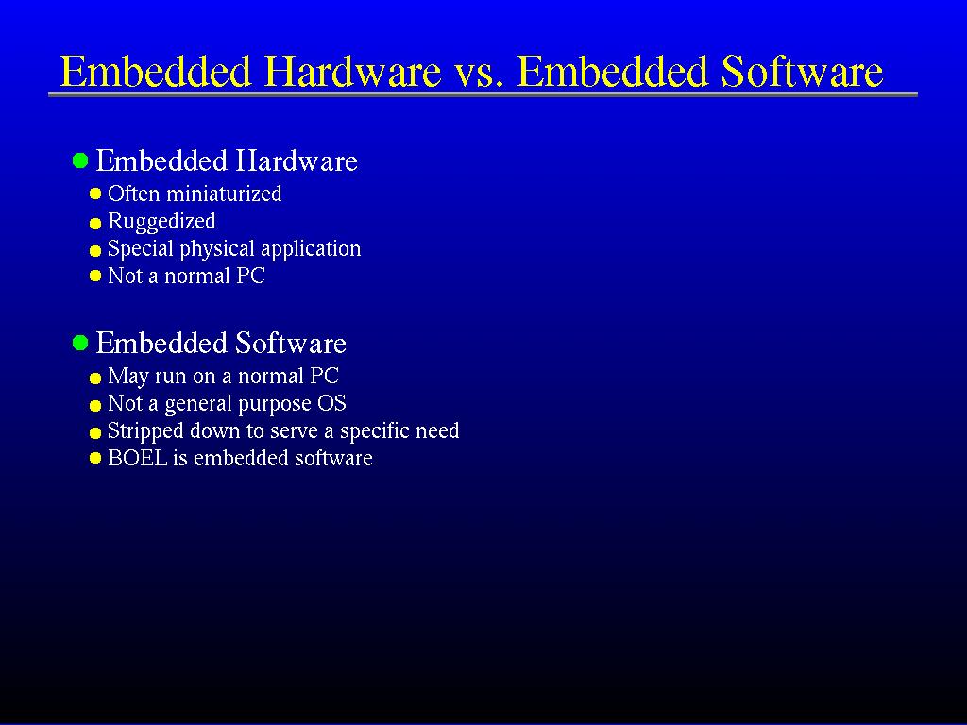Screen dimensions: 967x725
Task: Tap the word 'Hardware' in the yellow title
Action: click(352, 71)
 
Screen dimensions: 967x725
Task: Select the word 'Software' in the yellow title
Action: click(802, 71)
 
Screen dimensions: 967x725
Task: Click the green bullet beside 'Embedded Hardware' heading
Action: click(80, 160)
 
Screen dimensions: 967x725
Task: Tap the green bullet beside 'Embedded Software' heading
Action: click(80, 343)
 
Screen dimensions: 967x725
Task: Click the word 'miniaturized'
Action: click(224, 194)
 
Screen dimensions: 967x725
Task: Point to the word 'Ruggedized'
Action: click(161, 222)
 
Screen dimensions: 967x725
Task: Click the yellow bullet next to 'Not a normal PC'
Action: click(95, 276)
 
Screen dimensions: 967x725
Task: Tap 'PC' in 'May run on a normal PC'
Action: click(324, 376)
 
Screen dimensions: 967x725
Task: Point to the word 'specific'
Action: click(374, 431)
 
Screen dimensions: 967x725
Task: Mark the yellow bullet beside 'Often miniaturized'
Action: click(95, 194)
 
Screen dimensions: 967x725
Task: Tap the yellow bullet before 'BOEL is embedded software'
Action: click(95, 458)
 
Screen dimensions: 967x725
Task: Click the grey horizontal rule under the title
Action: click(483, 94)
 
